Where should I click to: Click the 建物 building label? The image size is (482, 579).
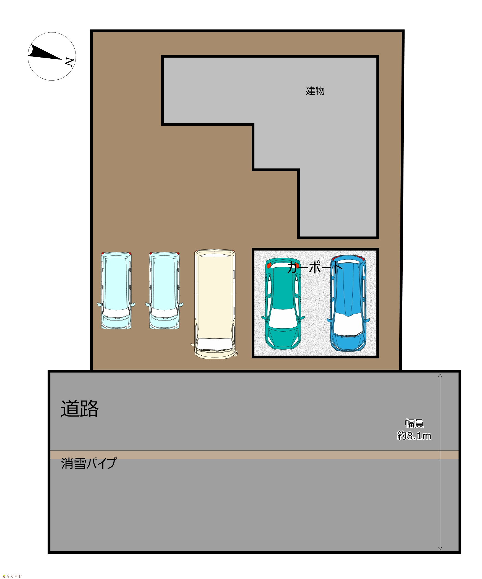pyautogui.click(x=315, y=91)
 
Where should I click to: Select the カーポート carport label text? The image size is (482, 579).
pyautogui.click(x=315, y=267)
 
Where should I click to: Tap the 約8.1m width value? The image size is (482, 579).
pyautogui.click(x=414, y=436)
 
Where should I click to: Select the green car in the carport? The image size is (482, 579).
pyautogui.click(x=283, y=304)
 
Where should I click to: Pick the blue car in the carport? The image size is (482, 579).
pyautogui.click(x=348, y=303)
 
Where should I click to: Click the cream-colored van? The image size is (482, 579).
pyautogui.click(x=215, y=304)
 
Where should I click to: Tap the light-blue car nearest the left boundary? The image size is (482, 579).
pyautogui.click(x=116, y=291)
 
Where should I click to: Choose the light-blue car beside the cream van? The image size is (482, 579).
pyautogui.click(x=164, y=291)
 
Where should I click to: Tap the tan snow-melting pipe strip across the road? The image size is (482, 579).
pyautogui.click(x=254, y=455)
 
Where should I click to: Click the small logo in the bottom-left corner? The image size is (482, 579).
pyautogui.click(x=12, y=576)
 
